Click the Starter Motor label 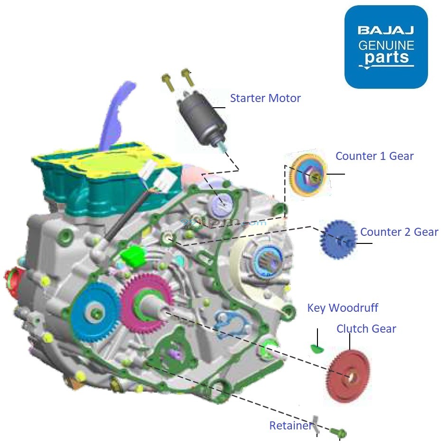click(x=265, y=98)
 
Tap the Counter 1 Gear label click(x=374, y=156)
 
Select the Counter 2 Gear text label click(x=399, y=232)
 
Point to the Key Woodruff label click(x=343, y=308)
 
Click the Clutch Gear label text click(x=366, y=329)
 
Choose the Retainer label click(x=290, y=426)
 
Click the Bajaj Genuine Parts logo click(x=386, y=47)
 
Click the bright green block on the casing click(x=132, y=257)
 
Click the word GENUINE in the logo click(x=386, y=46)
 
